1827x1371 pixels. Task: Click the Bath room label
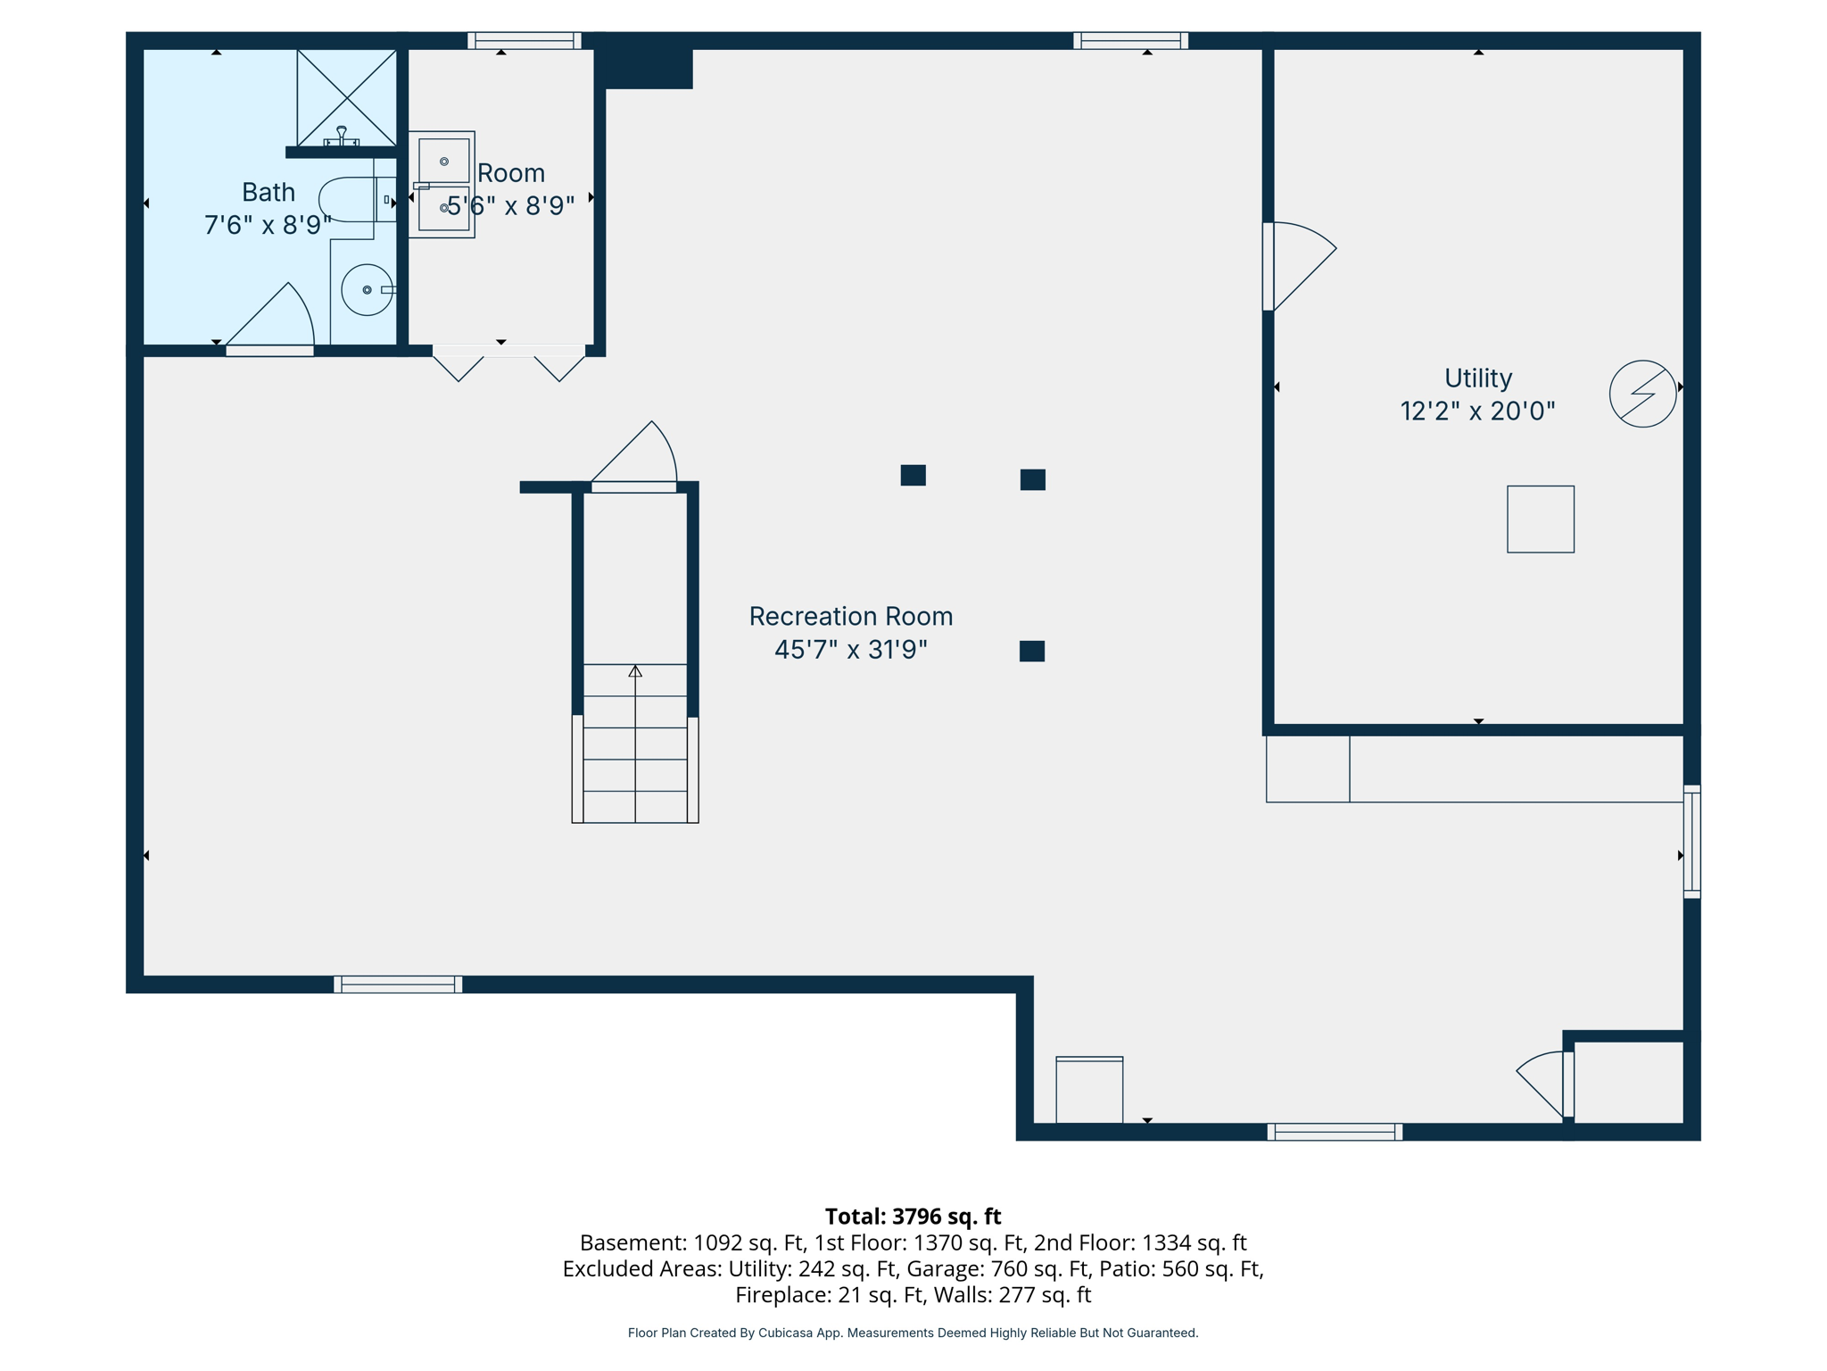pyautogui.click(x=268, y=192)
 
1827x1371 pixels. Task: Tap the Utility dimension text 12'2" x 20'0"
pyautogui.click(x=1477, y=411)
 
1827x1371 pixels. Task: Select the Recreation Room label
pyautogui.click(x=850, y=616)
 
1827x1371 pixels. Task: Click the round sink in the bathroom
pyautogui.click(x=367, y=290)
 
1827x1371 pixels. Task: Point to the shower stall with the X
pyautogui.click(x=346, y=96)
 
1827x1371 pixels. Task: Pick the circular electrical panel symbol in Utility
pyautogui.click(x=1642, y=394)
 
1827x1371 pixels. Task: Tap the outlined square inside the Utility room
pyautogui.click(x=1540, y=519)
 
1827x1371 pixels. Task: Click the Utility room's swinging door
pyautogui.click(x=1298, y=266)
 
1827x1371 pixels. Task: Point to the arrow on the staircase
pyautogui.click(x=635, y=671)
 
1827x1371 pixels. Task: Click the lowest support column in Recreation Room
pyautogui.click(x=1031, y=651)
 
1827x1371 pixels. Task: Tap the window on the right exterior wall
pyautogui.click(x=1691, y=841)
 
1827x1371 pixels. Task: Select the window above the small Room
pyautogui.click(x=525, y=40)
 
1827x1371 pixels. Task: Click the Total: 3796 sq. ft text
pyautogui.click(x=913, y=1217)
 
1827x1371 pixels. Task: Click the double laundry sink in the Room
pyautogui.click(x=442, y=185)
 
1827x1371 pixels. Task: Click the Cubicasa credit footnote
pyautogui.click(x=913, y=1333)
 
